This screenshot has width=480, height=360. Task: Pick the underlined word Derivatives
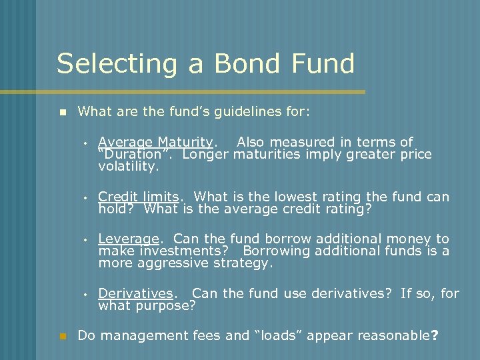tap(136, 293)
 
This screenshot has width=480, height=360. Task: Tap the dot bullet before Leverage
tap(86, 239)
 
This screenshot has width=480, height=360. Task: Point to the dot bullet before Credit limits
tap(86, 197)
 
